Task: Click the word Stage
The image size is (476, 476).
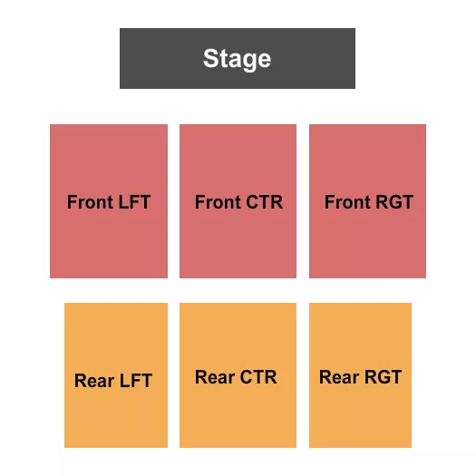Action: click(237, 59)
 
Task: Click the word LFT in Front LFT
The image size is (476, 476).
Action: click(134, 202)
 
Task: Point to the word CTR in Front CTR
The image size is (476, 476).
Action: click(263, 202)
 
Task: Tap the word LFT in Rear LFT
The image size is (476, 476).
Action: click(135, 381)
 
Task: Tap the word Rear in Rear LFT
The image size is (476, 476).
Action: click(94, 381)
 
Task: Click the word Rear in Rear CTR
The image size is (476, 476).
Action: click(215, 377)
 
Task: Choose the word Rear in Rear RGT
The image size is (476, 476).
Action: click(339, 377)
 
